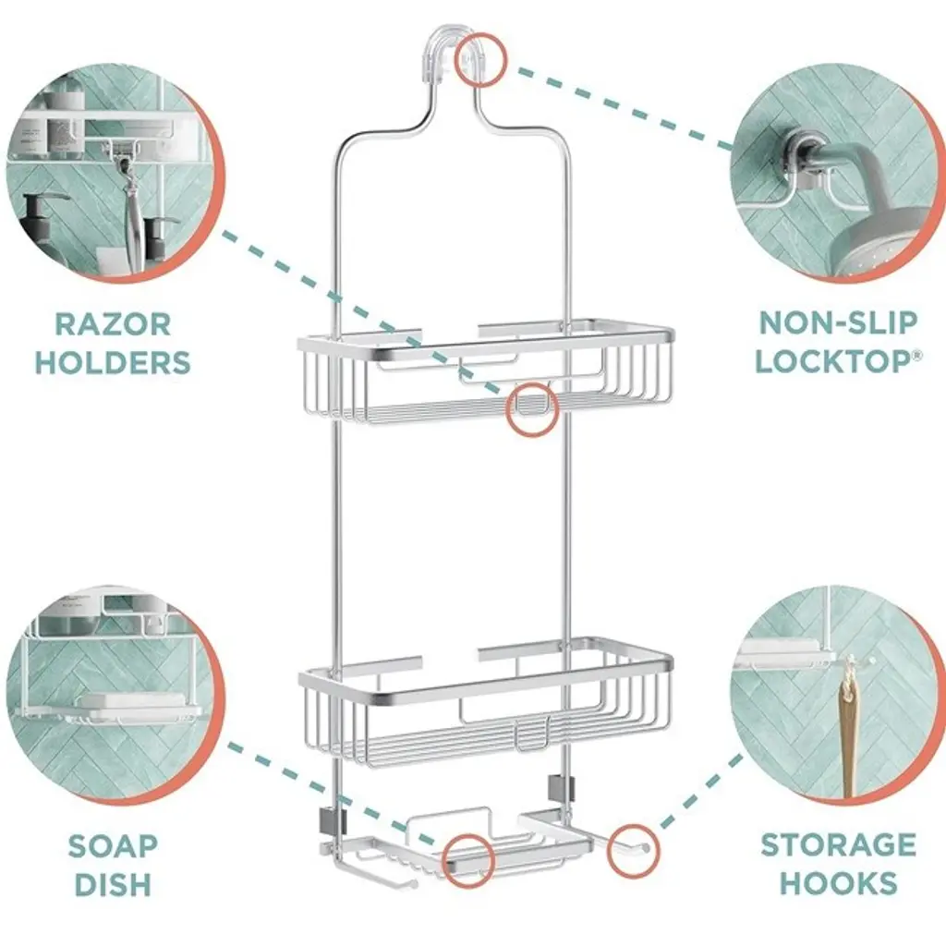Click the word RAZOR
[x=113, y=324]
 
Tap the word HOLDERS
[x=113, y=362]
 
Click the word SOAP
[x=113, y=845]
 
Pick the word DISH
[x=113, y=884]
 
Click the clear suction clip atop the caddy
[x=456, y=55]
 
